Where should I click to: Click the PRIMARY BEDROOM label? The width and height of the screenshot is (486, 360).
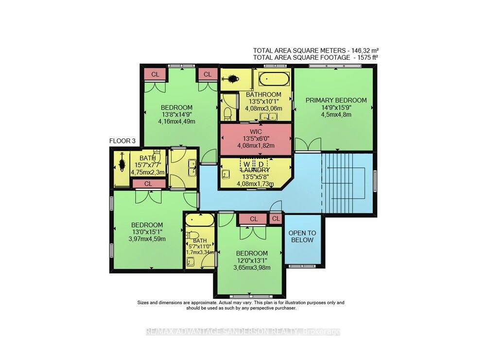336,101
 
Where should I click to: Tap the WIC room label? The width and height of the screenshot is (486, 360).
256,132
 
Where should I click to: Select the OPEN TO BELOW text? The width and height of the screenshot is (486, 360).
302,237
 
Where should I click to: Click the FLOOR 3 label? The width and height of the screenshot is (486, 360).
122,141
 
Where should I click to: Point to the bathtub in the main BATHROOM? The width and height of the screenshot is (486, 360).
274,79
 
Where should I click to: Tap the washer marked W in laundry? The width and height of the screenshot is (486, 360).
247,164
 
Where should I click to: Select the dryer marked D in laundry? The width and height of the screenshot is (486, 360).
261,164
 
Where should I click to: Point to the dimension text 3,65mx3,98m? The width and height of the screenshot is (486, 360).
252,268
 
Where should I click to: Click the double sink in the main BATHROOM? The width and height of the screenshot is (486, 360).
268,117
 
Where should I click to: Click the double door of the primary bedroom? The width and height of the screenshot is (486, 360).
308,144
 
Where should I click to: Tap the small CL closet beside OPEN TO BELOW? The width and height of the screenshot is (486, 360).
276,219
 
